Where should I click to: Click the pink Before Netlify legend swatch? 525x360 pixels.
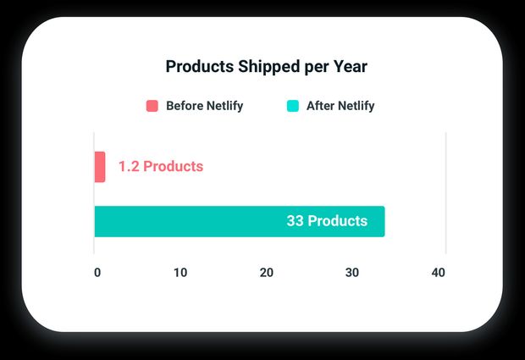[152, 106]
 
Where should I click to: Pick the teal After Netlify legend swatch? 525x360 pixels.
[293, 106]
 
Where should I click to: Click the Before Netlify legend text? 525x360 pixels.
[204, 106]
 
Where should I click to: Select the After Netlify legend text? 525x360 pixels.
[340, 106]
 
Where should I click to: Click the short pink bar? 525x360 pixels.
[100, 167]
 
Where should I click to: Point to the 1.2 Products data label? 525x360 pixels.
[160, 167]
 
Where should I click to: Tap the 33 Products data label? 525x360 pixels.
[327, 221]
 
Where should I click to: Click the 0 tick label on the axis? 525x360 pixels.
[97, 273]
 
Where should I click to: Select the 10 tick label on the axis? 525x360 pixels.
[180, 273]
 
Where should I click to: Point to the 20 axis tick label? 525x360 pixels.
[267, 273]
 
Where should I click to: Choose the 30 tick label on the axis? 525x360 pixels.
[352, 273]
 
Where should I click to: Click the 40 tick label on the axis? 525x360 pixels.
[438, 273]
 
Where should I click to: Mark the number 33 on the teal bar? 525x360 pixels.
[295, 221]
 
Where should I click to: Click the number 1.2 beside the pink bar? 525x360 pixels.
[128, 167]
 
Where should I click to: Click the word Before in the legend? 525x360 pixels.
[185, 106]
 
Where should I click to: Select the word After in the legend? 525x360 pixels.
[320, 106]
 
